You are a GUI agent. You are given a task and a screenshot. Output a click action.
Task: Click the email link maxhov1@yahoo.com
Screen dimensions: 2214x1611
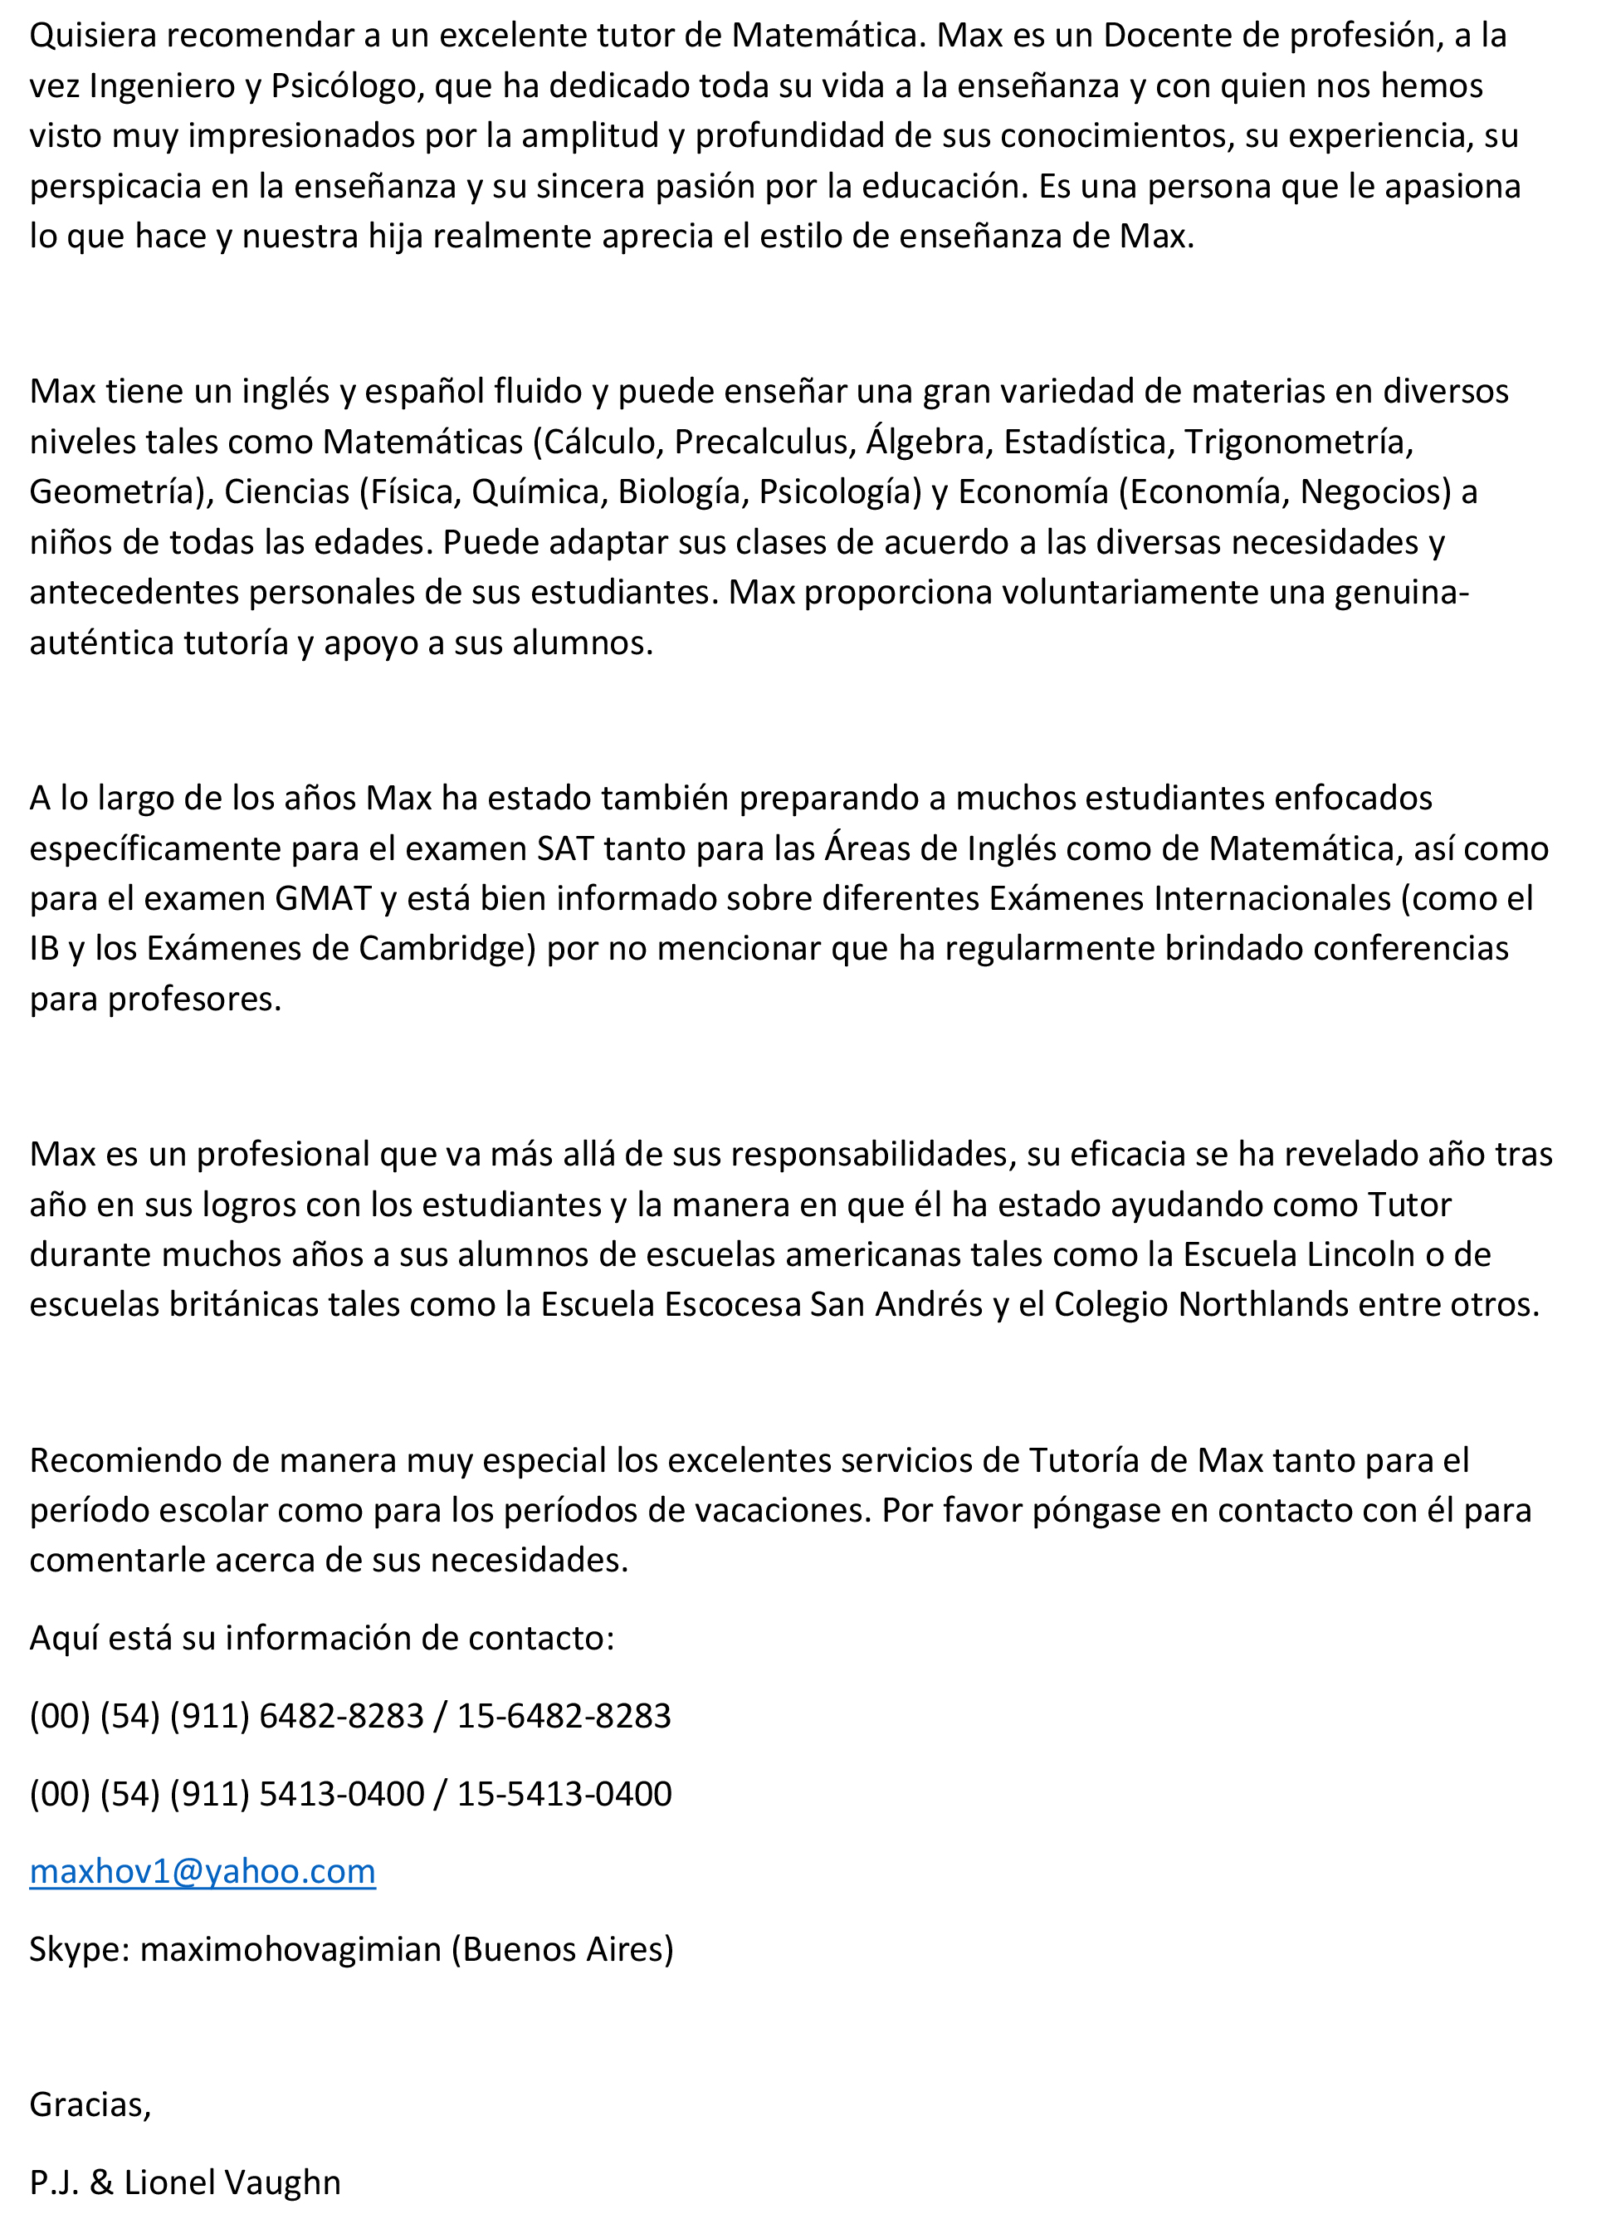(x=202, y=1871)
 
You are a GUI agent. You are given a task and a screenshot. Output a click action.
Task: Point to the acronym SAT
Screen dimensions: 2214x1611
(x=565, y=848)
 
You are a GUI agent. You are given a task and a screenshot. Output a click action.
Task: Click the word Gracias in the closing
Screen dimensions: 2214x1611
(x=90, y=2104)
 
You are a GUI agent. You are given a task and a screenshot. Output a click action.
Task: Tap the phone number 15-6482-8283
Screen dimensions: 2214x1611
(x=564, y=1715)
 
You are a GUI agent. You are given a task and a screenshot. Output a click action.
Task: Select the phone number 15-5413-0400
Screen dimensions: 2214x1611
(x=564, y=1793)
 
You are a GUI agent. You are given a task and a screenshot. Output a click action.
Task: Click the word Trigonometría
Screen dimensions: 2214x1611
(x=1299, y=442)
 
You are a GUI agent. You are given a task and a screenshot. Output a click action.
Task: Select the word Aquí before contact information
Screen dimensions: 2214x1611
(x=63, y=1637)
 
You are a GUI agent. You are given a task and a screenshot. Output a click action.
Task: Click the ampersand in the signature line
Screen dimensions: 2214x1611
(x=101, y=2182)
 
